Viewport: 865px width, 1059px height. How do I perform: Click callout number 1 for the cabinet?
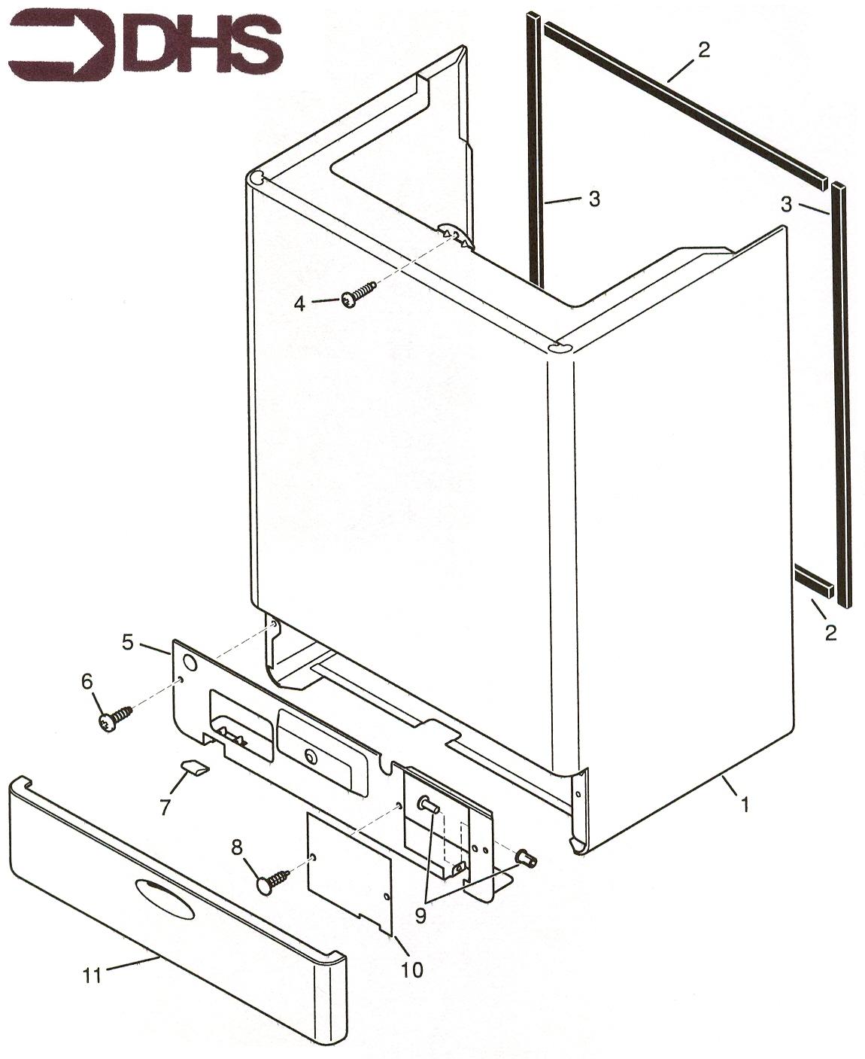pos(745,805)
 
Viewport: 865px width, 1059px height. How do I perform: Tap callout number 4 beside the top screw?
pos(299,303)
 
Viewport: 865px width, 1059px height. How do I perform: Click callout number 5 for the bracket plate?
pos(129,641)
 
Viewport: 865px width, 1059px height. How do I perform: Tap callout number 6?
pos(86,682)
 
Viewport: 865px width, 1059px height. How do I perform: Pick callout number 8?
pos(237,848)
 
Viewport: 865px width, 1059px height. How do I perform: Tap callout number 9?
pos(420,916)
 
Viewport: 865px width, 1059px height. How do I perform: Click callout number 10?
pos(411,969)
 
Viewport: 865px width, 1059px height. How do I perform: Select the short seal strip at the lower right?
pos(815,582)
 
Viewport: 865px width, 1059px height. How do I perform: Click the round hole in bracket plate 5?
pos(190,664)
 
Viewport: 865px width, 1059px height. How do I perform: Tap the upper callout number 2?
pos(703,50)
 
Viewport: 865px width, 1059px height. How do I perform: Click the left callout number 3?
pos(594,199)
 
